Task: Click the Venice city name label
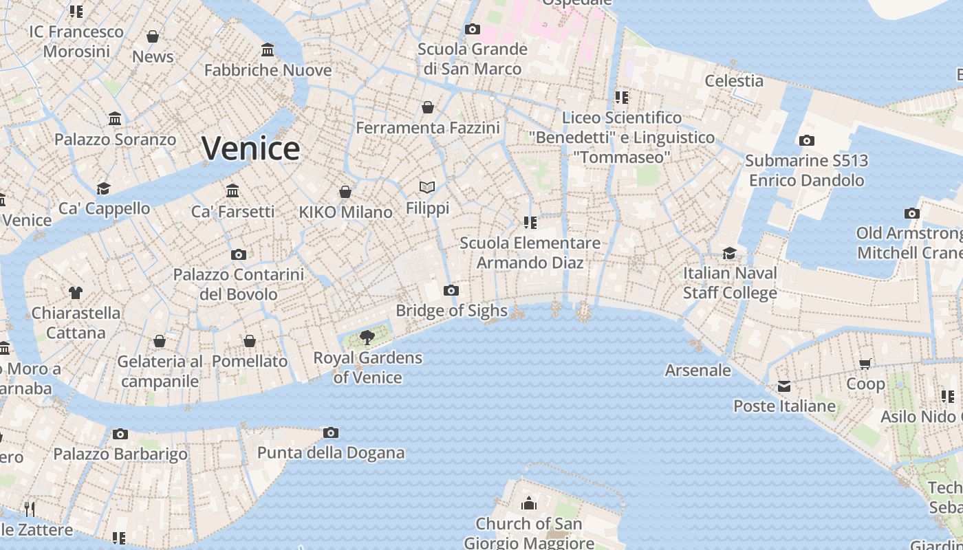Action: pyautogui.click(x=251, y=148)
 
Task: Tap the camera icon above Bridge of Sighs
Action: pyautogui.click(x=451, y=290)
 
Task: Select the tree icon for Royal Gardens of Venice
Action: pyautogui.click(x=367, y=337)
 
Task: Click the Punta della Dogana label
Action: pyautogui.click(x=331, y=453)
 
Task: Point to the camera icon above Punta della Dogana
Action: pyautogui.click(x=331, y=432)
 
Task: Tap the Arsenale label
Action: pyautogui.click(x=697, y=371)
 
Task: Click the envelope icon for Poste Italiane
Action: pyautogui.click(x=784, y=386)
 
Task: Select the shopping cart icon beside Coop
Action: pyautogui.click(x=865, y=363)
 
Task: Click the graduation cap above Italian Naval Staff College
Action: pyautogui.click(x=730, y=253)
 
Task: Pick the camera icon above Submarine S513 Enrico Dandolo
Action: pyautogui.click(x=806, y=140)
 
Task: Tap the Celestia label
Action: pyautogui.click(x=734, y=81)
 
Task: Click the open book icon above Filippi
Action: pyautogui.click(x=427, y=187)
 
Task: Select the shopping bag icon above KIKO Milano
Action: pyautogui.click(x=345, y=192)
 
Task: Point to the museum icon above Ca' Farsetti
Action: pyautogui.click(x=232, y=190)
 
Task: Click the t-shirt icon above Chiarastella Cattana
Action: pyautogui.click(x=76, y=292)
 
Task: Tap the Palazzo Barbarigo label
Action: pyautogui.click(x=120, y=454)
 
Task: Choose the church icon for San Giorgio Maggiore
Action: pyautogui.click(x=529, y=503)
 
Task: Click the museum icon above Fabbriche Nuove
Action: pyautogui.click(x=268, y=49)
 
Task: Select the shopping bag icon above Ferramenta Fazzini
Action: pyautogui.click(x=428, y=107)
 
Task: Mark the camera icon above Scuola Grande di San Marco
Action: pyautogui.click(x=472, y=29)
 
